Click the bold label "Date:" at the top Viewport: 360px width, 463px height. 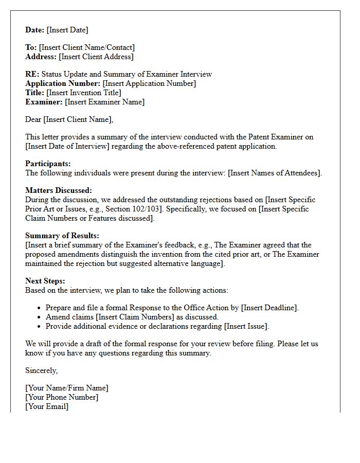click(x=35, y=30)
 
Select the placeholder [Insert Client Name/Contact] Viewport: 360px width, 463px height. click(x=86, y=48)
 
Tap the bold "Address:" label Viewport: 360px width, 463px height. click(x=41, y=57)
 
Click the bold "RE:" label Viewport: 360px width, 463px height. click(x=32, y=75)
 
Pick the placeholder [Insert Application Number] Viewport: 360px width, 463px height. click(x=149, y=84)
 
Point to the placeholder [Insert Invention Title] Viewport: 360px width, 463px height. click(x=84, y=93)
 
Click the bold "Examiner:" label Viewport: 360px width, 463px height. click(x=44, y=102)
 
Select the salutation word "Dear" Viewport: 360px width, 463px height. click(x=33, y=120)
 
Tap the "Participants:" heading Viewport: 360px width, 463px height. click(x=48, y=164)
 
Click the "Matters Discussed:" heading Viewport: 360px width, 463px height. click(x=59, y=191)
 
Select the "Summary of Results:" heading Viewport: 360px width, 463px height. click(x=62, y=236)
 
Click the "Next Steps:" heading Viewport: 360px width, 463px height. click(x=45, y=281)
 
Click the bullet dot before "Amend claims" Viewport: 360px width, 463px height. click(x=39, y=317)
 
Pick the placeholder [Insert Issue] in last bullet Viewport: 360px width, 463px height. click(x=246, y=327)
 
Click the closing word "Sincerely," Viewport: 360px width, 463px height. click(x=42, y=371)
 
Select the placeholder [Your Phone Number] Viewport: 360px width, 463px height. click(x=62, y=398)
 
